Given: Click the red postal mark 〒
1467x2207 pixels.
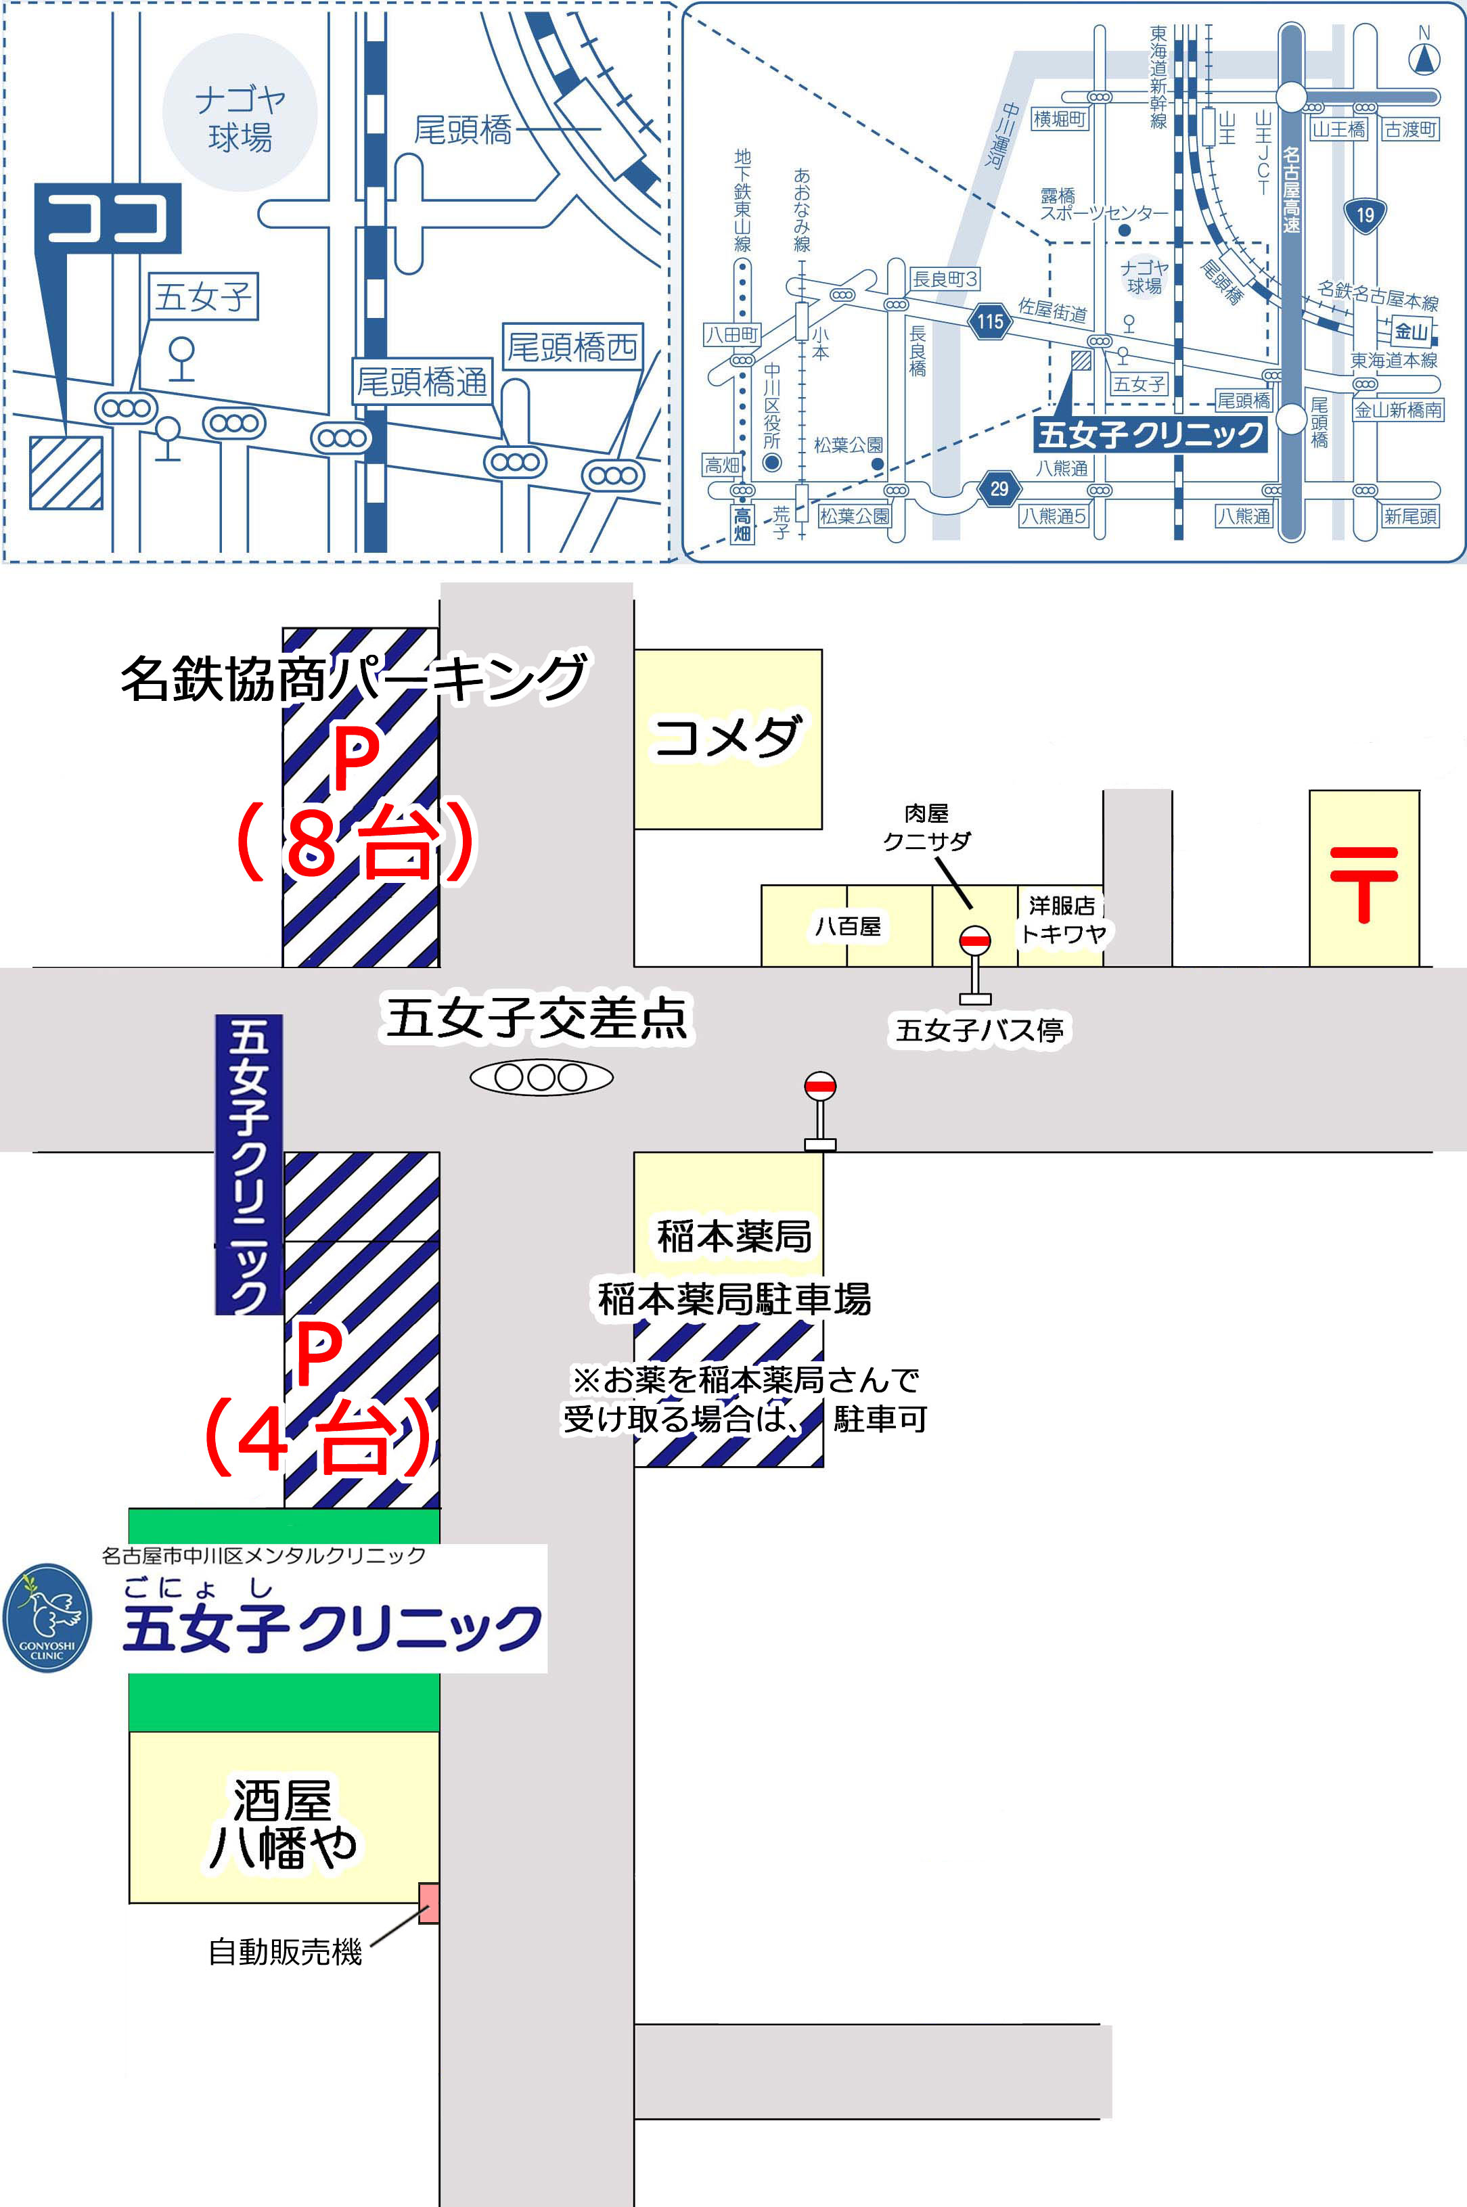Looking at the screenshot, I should point(1363,882).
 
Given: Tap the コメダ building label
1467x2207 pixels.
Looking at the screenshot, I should point(727,737).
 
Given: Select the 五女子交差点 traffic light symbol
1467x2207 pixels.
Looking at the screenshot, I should point(541,1078).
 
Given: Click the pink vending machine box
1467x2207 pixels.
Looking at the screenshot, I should point(428,1903).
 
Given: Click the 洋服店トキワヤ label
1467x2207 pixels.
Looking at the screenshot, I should point(1062,919).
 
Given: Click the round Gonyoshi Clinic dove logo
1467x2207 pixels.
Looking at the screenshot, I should point(47,1618).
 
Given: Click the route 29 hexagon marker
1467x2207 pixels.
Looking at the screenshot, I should point(999,488).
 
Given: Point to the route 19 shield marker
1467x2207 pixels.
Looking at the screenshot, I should point(1365,216).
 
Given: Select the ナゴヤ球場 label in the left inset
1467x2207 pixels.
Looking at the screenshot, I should point(240,118).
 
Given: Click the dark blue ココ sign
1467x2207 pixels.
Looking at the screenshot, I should point(108,218).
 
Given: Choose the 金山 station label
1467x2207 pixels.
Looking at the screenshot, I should point(1411,332).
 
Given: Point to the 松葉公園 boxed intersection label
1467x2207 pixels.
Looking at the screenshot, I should point(854,516).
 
